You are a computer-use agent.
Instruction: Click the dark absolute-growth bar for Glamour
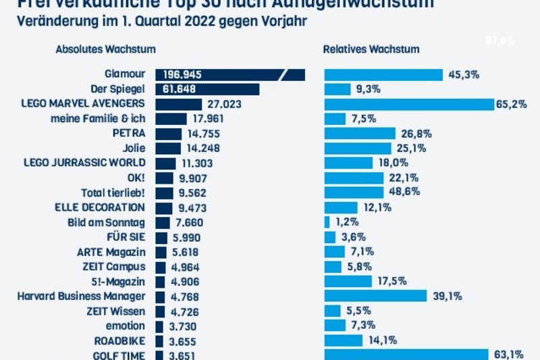tap(230, 74)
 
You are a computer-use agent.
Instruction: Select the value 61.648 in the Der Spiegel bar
tap(180, 89)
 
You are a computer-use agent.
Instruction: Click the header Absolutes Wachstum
tap(106, 49)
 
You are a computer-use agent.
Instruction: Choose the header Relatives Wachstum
tap(371, 49)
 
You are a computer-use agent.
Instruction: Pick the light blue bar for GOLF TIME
tap(406, 355)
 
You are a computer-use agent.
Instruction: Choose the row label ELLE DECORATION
tap(101, 207)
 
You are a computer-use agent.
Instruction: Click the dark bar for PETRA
tap(169, 133)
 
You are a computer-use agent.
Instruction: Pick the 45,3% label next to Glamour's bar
tap(463, 75)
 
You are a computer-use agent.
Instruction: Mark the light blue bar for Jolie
tap(358, 148)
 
